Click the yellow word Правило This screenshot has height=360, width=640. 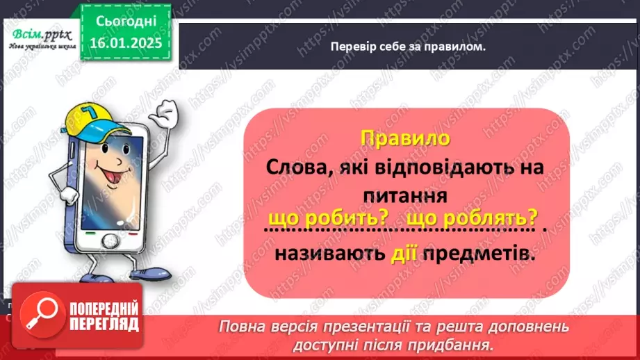click(x=406, y=138)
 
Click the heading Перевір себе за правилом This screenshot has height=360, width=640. click(x=408, y=47)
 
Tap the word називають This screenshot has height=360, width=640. click(x=327, y=254)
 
